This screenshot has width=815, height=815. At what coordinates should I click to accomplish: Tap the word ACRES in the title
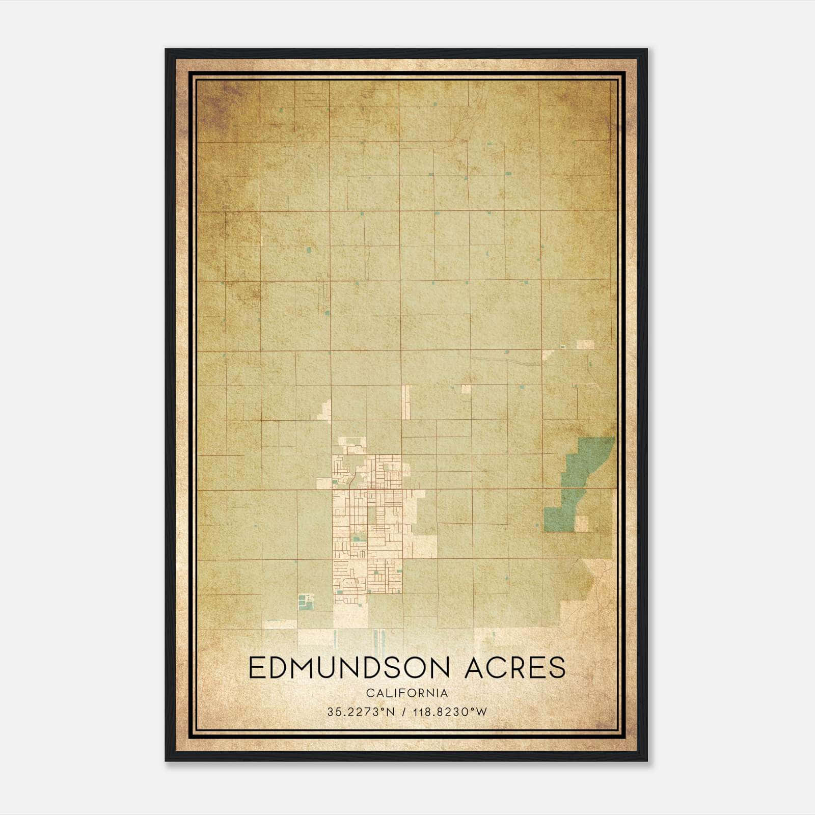(x=515, y=668)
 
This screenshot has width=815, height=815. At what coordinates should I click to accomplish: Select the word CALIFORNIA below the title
(x=406, y=693)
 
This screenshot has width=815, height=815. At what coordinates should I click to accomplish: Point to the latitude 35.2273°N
(x=361, y=712)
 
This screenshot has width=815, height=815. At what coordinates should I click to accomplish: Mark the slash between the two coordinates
(x=403, y=712)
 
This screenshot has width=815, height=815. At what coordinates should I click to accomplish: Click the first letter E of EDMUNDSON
(x=257, y=668)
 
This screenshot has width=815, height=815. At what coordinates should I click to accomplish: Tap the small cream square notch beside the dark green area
(x=581, y=524)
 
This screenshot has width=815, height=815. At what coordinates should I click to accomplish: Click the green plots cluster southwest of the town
(x=306, y=602)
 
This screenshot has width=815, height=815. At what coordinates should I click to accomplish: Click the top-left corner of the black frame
(x=166, y=50)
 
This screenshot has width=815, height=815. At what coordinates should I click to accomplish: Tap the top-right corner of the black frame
(x=646, y=50)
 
